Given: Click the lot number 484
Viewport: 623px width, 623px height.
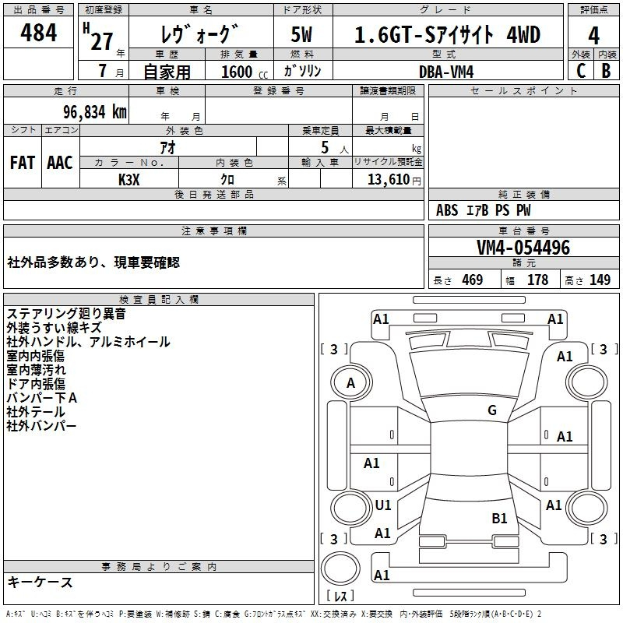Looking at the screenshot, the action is click(38, 32).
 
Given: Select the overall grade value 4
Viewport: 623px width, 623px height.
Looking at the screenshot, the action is click(593, 36).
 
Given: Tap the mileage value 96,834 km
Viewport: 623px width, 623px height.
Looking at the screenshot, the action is click(94, 112).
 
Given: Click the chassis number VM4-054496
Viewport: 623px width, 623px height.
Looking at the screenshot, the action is click(523, 247).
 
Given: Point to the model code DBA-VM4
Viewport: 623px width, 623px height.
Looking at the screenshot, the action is click(446, 72).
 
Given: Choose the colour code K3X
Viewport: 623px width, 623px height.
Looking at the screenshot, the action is click(129, 180).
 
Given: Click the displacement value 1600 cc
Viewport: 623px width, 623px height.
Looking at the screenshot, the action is click(245, 72).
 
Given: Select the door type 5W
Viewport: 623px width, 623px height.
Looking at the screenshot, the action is click(301, 34).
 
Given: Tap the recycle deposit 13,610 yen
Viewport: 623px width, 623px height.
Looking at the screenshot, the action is click(394, 180).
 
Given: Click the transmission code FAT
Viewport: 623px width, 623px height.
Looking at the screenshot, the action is click(23, 163).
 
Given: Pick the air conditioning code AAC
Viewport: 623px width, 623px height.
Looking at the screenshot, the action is click(60, 163).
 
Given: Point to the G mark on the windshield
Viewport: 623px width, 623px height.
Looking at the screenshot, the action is click(492, 410).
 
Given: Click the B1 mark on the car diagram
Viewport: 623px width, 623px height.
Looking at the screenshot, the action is click(499, 518).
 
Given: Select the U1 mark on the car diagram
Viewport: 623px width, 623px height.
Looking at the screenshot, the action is click(383, 505).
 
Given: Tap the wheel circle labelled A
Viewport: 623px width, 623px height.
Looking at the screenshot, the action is click(351, 383).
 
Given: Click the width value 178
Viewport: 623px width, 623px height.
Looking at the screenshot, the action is click(537, 280).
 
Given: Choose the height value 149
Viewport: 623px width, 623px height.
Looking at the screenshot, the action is click(600, 280).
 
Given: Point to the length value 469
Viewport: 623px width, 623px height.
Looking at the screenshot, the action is click(473, 280).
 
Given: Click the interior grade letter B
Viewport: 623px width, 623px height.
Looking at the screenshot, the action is click(606, 71).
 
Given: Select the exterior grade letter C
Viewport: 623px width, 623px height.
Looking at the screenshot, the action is click(581, 71).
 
